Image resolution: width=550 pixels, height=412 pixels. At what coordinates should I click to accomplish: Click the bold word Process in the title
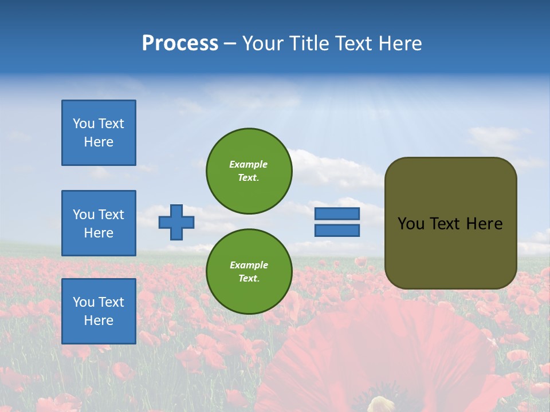[x=180, y=43]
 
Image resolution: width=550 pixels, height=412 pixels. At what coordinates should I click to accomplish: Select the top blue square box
[x=99, y=133]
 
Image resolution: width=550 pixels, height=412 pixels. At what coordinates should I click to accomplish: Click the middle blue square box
[x=99, y=223]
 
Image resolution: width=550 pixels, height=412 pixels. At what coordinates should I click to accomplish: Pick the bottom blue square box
[x=99, y=311]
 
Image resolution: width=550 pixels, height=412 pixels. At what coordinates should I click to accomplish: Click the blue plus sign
[x=176, y=222]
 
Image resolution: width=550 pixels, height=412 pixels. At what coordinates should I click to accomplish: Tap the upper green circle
[x=249, y=171]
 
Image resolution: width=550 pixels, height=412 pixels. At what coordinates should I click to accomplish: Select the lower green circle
[x=249, y=272]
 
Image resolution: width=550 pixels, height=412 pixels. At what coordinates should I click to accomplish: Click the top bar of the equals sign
[x=337, y=213]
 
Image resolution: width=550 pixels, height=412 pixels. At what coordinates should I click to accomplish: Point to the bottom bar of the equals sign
[x=337, y=231]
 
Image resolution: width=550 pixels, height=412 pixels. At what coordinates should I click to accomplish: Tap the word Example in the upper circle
[x=249, y=164]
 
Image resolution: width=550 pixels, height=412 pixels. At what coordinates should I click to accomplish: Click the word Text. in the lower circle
[x=249, y=279]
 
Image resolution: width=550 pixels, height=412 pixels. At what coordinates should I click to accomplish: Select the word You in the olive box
[x=410, y=224]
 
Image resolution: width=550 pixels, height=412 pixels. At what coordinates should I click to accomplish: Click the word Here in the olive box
[x=484, y=224]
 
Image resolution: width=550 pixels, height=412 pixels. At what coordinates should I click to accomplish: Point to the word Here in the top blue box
[x=99, y=142]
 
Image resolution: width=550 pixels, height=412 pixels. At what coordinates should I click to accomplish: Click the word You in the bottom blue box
[x=84, y=302]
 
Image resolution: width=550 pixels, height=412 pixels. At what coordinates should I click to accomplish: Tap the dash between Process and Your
[x=230, y=44]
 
